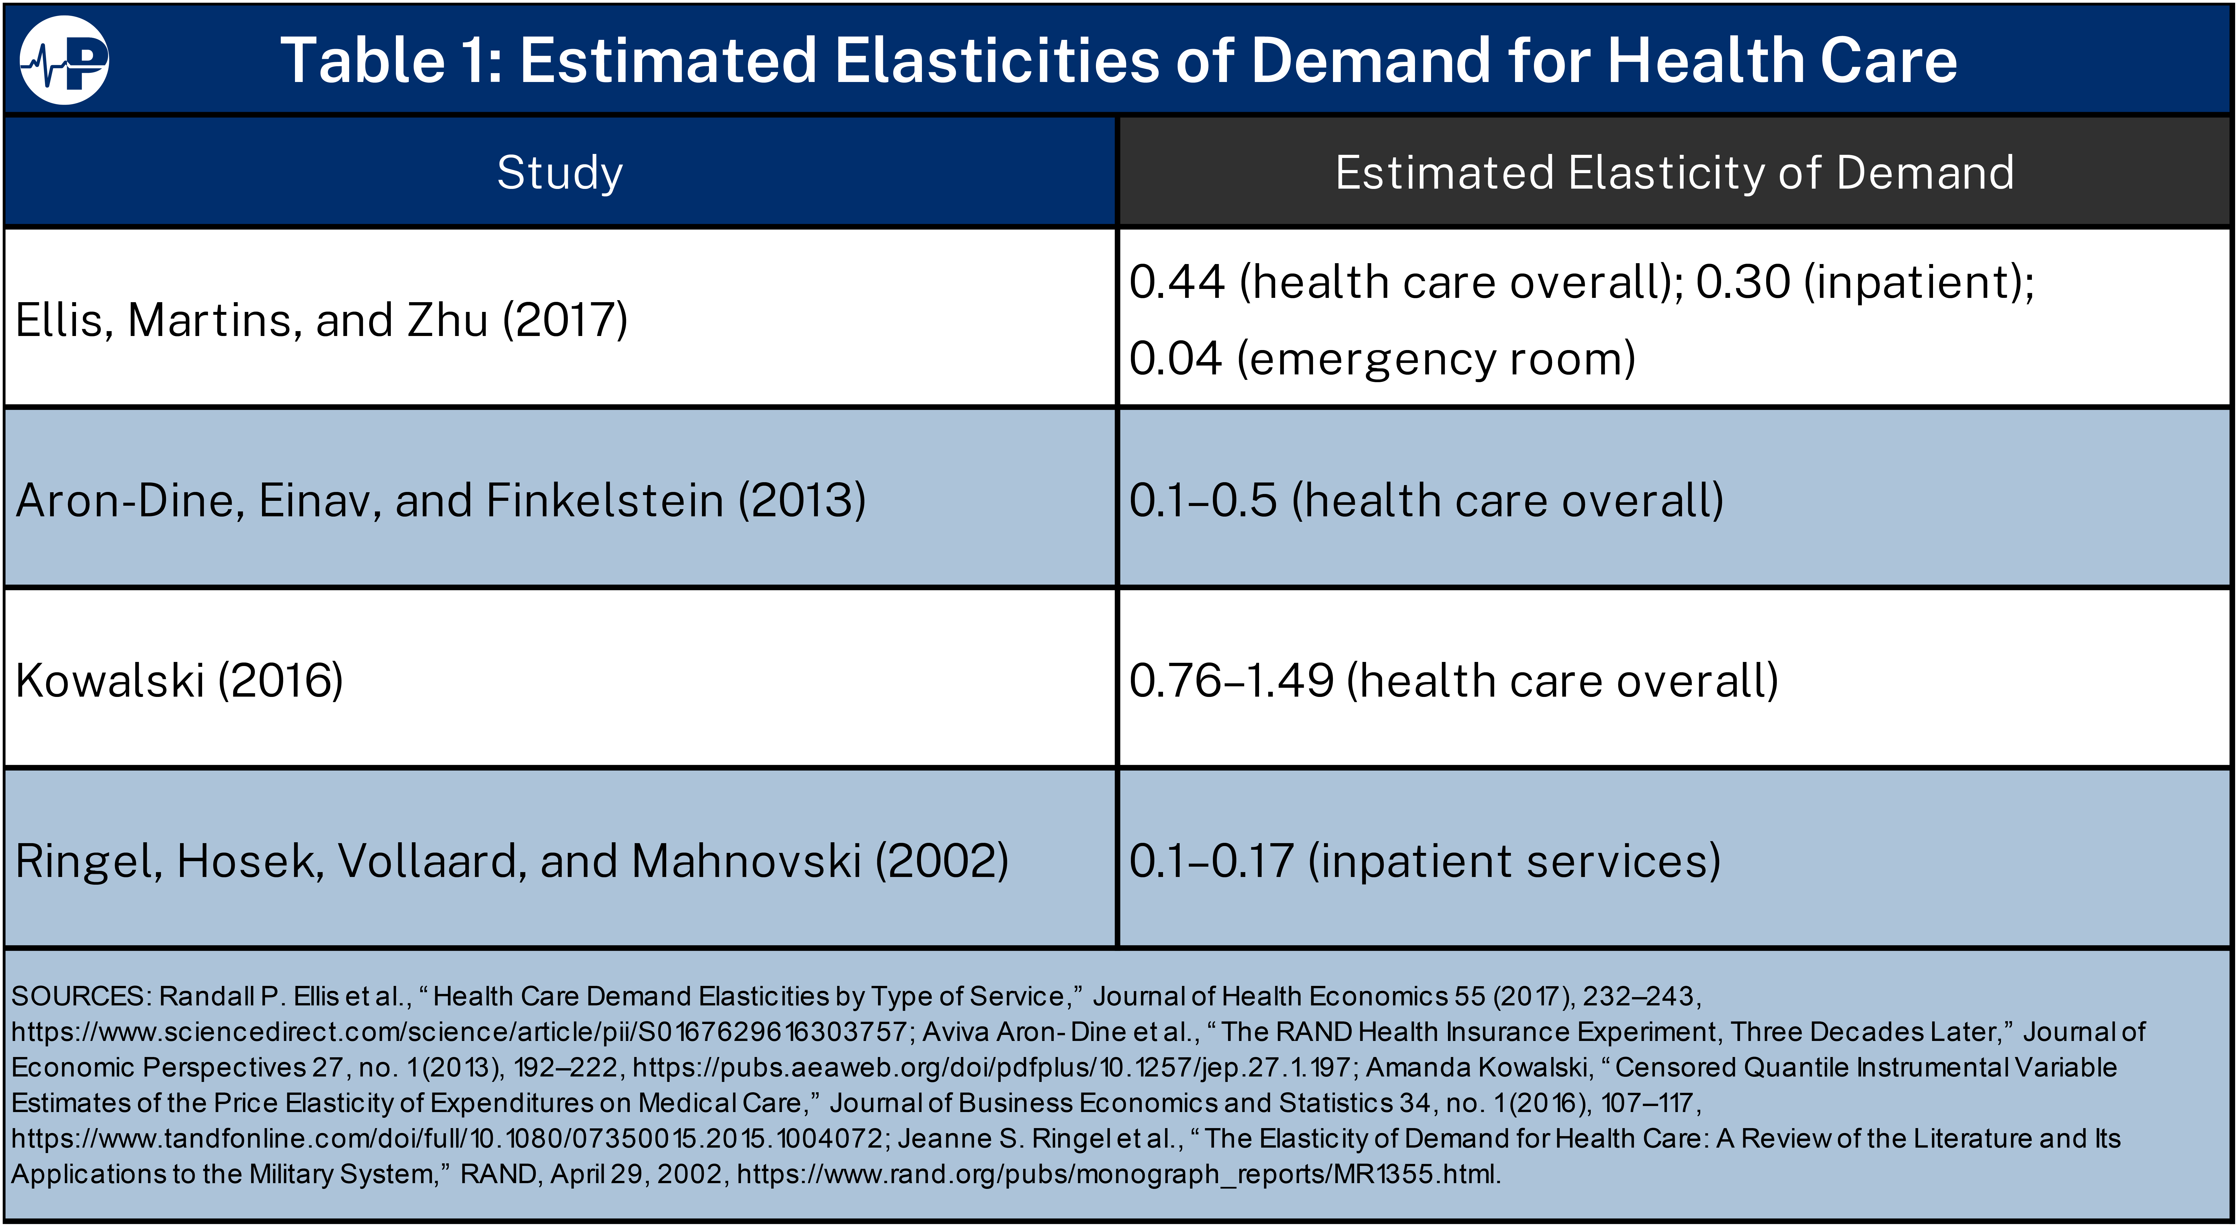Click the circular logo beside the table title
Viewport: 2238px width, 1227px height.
point(64,60)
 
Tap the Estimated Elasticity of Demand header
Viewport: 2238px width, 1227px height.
point(1674,172)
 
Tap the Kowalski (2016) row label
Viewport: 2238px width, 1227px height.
point(179,680)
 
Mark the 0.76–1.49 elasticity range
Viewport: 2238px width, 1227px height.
point(1231,680)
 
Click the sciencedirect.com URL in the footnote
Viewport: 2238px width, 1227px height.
point(459,1031)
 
